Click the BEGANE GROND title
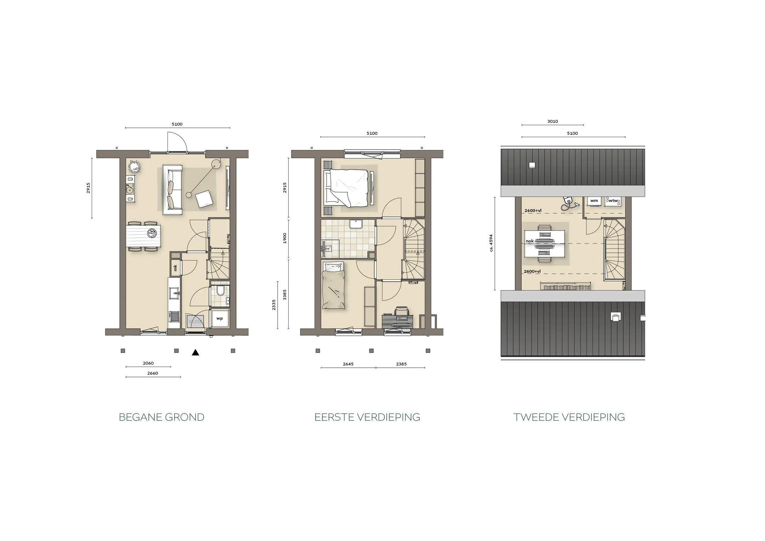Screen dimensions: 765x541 tap(161, 417)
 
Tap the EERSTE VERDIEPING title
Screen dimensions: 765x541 tap(367, 417)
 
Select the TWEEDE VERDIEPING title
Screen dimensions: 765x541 tap(569, 417)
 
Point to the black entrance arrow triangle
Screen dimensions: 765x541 tap(195, 352)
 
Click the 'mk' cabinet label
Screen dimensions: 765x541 tap(175, 268)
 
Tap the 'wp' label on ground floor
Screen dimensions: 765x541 tap(220, 319)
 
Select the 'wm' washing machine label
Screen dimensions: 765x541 tap(594, 201)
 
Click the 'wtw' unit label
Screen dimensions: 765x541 tap(613, 201)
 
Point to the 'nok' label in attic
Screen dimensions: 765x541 tap(529, 241)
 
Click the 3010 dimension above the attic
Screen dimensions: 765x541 tap(552, 121)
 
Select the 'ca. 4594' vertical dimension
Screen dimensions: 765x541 tap(491, 243)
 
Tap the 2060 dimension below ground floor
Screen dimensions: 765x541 tap(148, 363)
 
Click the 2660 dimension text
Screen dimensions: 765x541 tap(153, 373)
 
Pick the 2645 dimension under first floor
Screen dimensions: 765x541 tap(348, 364)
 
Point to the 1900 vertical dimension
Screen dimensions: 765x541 tap(285, 238)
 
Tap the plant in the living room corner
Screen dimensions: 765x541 tap(134, 166)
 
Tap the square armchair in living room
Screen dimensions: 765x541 tap(205, 199)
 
